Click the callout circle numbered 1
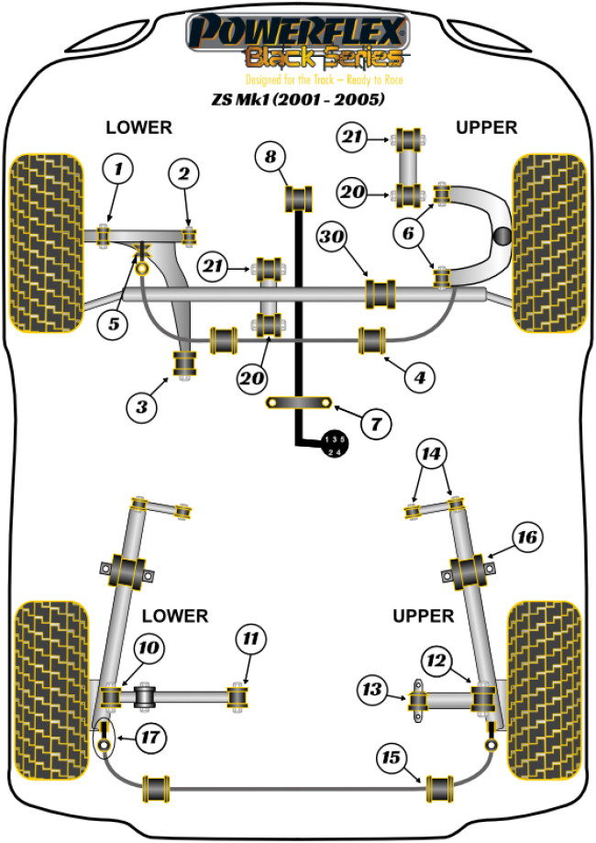(x=117, y=169)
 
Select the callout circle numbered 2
(x=184, y=173)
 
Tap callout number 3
(x=140, y=406)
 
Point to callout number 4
(x=418, y=376)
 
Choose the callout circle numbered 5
(x=113, y=324)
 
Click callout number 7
(x=374, y=423)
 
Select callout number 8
(x=269, y=157)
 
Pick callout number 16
(x=527, y=537)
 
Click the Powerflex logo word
(x=296, y=32)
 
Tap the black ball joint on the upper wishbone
(x=502, y=237)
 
